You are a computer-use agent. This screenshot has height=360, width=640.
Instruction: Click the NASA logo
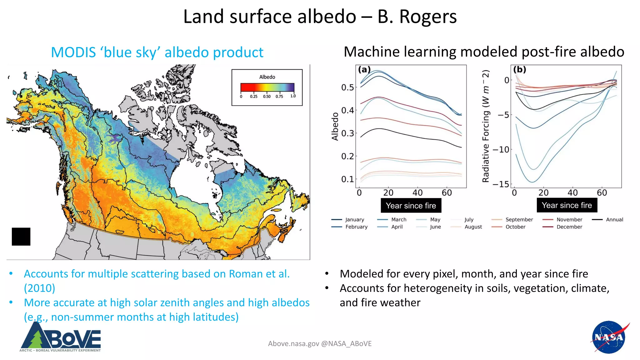[609, 337]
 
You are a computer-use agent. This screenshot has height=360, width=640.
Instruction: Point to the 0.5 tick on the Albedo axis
[347, 87]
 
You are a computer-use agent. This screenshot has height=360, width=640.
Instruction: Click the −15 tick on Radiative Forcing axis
[501, 184]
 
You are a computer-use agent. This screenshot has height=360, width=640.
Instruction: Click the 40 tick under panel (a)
[417, 193]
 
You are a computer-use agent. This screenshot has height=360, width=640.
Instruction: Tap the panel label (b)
[520, 69]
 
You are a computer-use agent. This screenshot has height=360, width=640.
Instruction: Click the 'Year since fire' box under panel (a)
[411, 206]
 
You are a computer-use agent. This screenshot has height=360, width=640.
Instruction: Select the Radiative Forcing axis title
[485, 126]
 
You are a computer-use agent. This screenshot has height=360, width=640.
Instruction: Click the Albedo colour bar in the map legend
[267, 87]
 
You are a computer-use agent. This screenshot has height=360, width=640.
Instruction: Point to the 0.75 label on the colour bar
[279, 97]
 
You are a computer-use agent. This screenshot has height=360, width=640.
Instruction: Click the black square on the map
[21, 237]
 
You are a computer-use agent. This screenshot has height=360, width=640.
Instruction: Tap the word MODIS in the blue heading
[73, 52]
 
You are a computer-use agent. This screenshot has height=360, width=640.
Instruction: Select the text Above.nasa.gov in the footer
[293, 344]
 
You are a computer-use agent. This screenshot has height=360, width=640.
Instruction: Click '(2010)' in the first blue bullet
[39, 288]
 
